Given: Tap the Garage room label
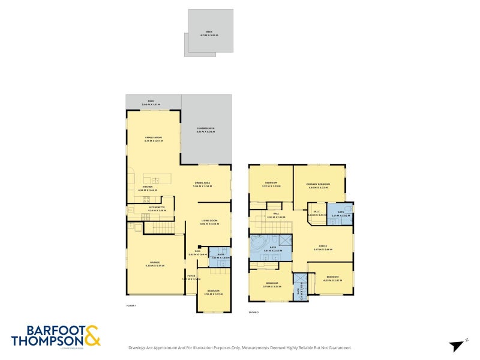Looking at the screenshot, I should pyautogui.click(x=154, y=264).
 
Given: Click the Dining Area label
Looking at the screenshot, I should pyautogui.click(x=202, y=184).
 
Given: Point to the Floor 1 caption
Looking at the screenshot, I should pyautogui.click(x=131, y=305).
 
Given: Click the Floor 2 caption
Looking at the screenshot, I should pyautogui.click(x=253, y=312).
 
